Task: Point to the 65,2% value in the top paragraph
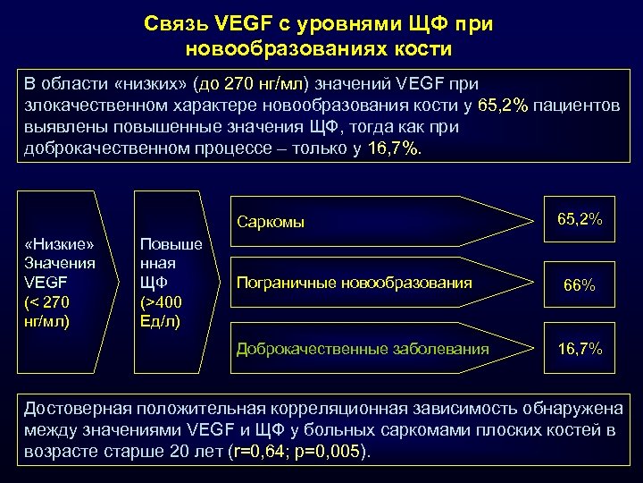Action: [x=504, y=106]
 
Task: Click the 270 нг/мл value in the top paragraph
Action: [x=264, y=86]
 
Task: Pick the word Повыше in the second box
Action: [x=171, y=244]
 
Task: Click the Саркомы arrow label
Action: [x=271, y=222]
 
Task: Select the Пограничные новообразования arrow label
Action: [x=354, y=284]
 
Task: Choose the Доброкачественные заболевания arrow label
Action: [x=362, y=349]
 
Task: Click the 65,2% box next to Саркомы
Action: [x=579, y=219]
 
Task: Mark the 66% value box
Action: [x=579, y=286]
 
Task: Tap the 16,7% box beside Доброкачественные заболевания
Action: [x=579, y=349]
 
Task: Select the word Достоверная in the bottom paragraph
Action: [x=77, y=409]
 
